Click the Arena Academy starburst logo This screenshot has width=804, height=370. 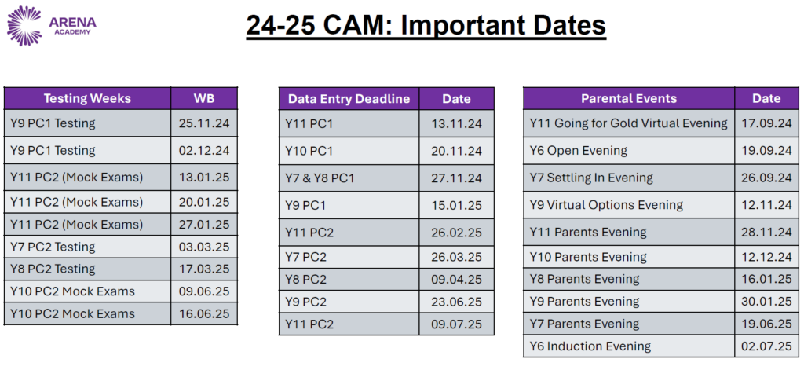pos(24,25)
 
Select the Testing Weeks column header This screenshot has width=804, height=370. pos(87,98)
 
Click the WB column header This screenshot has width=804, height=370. pos(203,98)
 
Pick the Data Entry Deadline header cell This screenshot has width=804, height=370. pos(349,99)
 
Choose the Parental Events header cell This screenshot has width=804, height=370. pos(629,98)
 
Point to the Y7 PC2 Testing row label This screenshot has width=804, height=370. pos(53,247)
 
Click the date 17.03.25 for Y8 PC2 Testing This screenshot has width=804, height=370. pos(204,269)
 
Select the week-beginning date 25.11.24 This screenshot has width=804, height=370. pos(204,123)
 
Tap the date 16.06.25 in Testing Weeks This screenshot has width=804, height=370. pos(204,313)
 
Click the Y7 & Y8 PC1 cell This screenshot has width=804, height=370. pos(320,178)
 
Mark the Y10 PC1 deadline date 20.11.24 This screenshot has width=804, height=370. pos(457,151)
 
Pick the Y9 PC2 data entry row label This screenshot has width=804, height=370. pos(305,302)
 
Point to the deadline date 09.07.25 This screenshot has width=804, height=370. pos(457,324)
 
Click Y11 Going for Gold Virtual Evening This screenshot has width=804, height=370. pos(629,123)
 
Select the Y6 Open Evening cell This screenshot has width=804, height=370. pos(579,150)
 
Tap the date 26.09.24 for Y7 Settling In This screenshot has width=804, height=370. pos(766,178)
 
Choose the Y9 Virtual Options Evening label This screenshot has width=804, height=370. pos(606,205)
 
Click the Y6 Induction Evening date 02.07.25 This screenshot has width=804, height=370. pos(766,346)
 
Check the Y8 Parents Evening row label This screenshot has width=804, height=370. pos(584,279)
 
